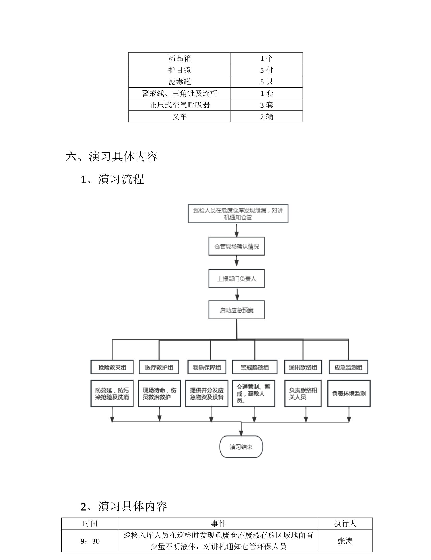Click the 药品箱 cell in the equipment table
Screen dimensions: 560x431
point(179,58)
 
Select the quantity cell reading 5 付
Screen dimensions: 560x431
point(266,70)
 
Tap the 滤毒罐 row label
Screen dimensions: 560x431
point(179,82)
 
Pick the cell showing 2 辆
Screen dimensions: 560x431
point(266,117)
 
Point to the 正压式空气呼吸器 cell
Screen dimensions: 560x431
point(179,105)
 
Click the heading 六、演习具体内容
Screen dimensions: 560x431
point(112,157)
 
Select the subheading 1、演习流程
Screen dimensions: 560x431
point(112,179)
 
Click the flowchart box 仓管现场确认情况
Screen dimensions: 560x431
point(236,246)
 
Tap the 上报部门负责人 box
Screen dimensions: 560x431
point(236,278)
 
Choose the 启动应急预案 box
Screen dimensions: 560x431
point(236,310)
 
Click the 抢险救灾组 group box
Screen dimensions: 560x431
point(112,367)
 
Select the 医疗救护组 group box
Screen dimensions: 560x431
point(159,367)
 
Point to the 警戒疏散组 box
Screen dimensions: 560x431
point(254,367)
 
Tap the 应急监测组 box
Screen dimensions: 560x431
point(348,367)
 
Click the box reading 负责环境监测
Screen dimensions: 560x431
point(349,393)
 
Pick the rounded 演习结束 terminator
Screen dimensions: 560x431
point(241,447)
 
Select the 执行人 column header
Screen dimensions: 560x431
point(345,523)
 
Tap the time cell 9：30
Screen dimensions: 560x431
point(90,541)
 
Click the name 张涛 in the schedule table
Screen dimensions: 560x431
point(345,541)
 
